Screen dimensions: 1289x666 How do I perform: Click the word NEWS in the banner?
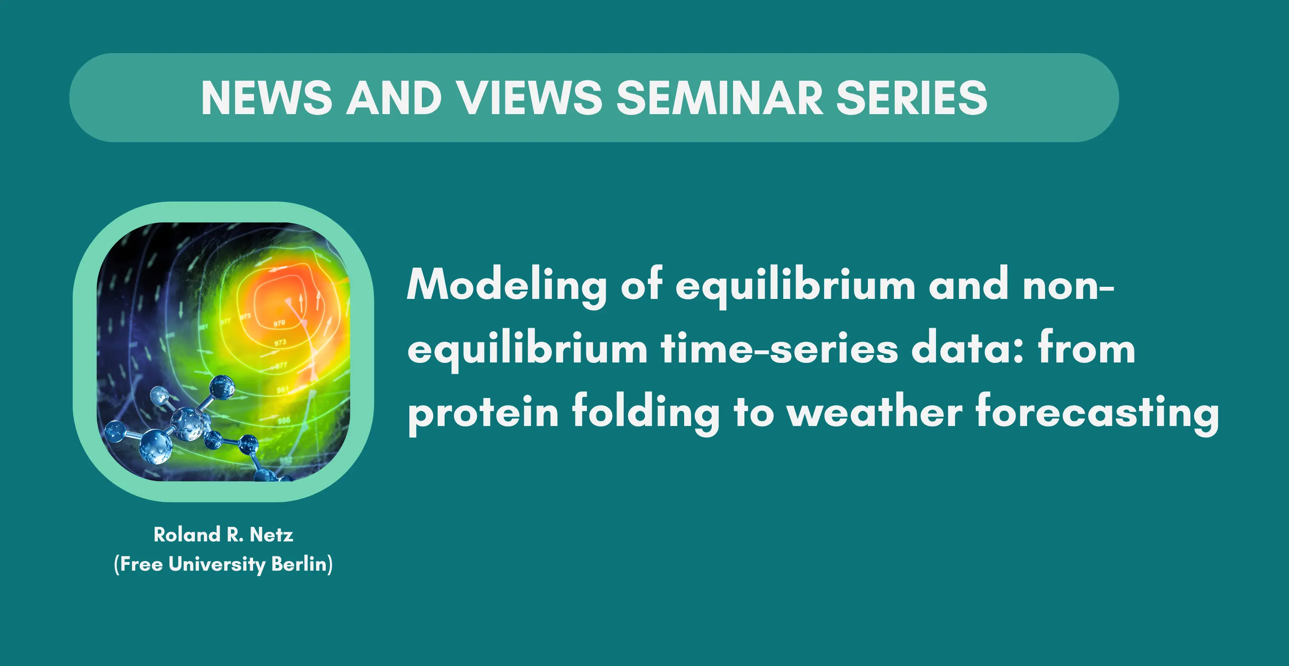tap(266, 98)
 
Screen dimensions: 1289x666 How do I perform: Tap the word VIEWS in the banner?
tap(531, 98)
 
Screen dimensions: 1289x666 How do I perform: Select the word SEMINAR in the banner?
tap(720, 98)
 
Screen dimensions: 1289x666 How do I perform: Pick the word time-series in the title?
tap(779, 349)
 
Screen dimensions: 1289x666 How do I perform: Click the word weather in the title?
tap(874, 412)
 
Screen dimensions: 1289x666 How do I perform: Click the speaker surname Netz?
tap(271, 535)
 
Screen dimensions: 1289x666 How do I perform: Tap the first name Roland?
tap(187, 534)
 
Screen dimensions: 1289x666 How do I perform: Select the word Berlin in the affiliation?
tap(299, 564)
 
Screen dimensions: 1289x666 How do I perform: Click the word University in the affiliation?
tap(217, 564)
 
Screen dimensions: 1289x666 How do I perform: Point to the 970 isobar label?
tap(279, 324)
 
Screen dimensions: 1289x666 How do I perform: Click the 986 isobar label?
tap(284, 421)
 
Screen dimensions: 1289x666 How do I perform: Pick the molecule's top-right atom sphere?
tap(222, 387)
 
